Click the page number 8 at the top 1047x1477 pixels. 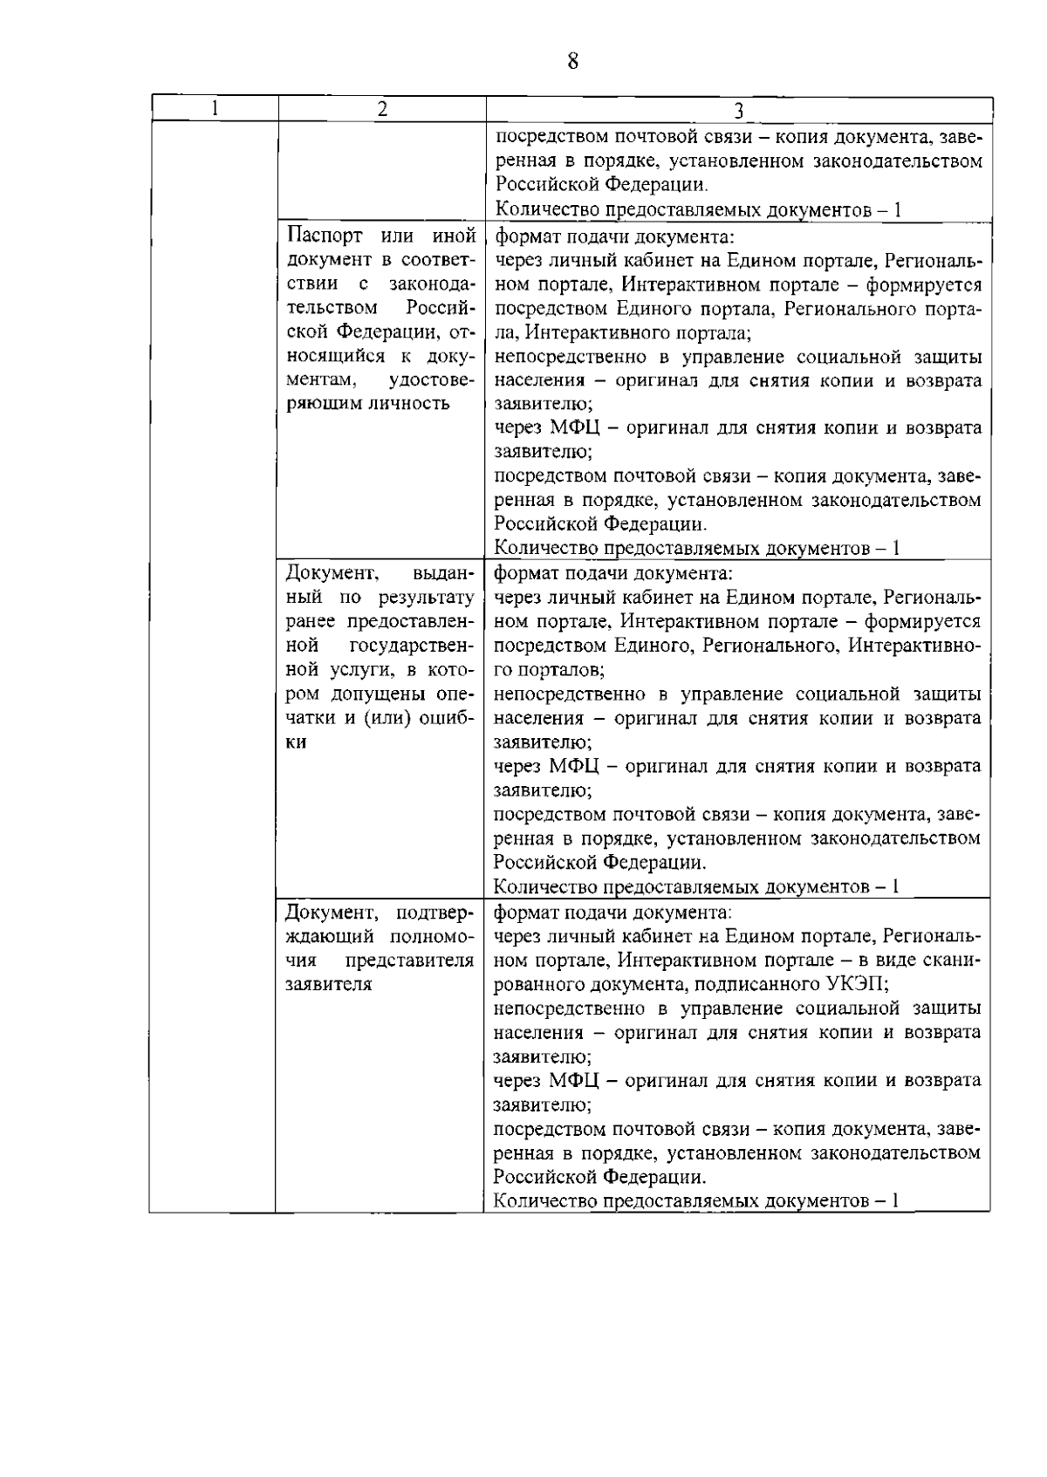572,61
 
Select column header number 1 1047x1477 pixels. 215,109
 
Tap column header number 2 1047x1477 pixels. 381,109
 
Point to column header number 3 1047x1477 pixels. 738,110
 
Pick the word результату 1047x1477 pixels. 427,598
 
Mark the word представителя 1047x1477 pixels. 410,961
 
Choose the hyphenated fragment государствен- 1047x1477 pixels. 412,646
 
